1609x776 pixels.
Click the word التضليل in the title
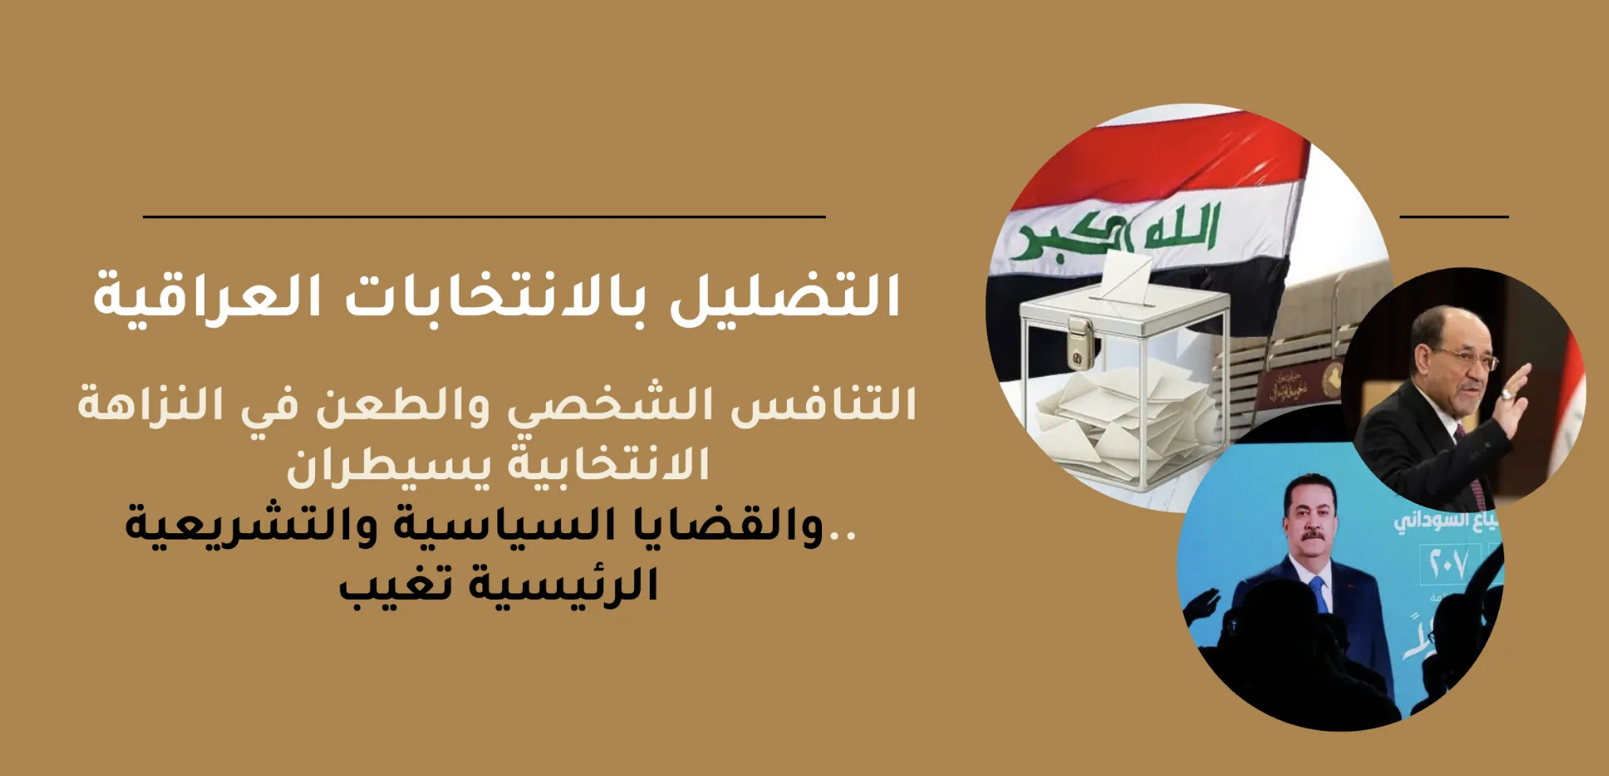[785, 297]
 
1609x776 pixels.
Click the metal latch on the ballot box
[1078, 342]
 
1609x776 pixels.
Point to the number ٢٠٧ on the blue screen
[1449, 564]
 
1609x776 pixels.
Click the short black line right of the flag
[1453, 216]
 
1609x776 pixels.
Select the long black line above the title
[484, 216]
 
